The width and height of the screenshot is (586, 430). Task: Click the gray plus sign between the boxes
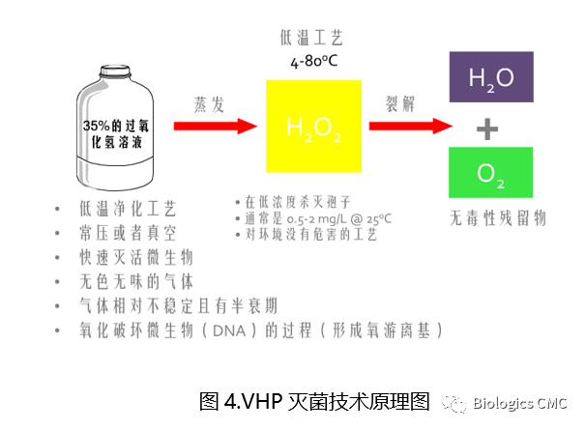[x=492, y=127]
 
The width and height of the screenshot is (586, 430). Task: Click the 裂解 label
[x=403, y=101]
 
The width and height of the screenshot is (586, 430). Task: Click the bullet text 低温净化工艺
[x=129, y=209]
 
